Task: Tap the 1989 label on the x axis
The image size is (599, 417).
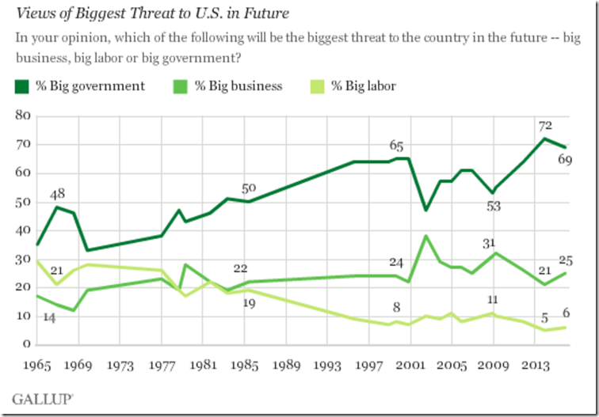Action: point(288,366)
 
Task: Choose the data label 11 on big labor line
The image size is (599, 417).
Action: point(492,301)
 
